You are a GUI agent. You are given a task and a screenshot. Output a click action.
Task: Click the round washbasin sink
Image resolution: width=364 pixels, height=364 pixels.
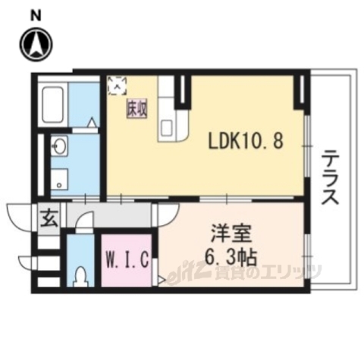(x=60, y=146)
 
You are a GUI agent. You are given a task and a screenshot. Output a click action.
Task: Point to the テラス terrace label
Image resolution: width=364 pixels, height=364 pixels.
(x=331, y=179)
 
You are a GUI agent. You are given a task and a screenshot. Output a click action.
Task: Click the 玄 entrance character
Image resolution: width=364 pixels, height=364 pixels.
(x=47, y=220)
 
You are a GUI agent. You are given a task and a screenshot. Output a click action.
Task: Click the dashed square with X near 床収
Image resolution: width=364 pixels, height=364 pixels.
(x=119, y=83)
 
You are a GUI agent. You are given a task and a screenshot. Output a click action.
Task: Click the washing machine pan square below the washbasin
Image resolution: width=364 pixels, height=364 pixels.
(x=61, y=177)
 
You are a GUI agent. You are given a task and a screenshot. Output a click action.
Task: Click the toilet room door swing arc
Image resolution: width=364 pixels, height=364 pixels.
(x=86, y=223)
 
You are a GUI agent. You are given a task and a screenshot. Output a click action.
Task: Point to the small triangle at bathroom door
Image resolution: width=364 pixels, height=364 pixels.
(x=92, y=122)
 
